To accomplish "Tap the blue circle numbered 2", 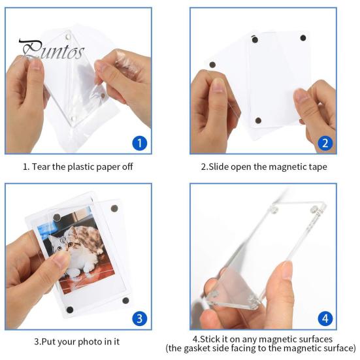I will tap(325, 142).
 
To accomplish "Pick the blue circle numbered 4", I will tap(325, 318).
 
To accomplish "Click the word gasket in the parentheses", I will tap(235, 348).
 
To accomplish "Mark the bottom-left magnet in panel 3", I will tap(70, 310).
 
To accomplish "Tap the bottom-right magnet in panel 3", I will tap(125, 301).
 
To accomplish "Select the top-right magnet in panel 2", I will tap(303, 37).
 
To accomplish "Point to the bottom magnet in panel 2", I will tap(258, 120).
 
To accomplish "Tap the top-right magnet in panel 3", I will tap(115, 208).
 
